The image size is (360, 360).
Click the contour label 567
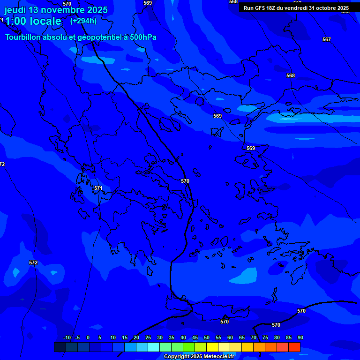point(327,39)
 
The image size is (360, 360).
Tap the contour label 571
point(98,188)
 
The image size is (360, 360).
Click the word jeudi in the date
point(15,10)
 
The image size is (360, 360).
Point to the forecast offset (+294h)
point(83,21)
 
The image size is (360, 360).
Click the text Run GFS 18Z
point(260,8)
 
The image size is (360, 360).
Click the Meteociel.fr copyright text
point(199,357)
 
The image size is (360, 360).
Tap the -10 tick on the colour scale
point(67,338)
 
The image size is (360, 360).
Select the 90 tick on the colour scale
point(300,338)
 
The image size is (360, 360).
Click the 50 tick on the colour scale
point(206,338)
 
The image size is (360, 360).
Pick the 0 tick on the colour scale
point(88,338)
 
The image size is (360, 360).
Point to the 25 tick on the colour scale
point(148,338)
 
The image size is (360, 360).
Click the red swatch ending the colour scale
point(294,347)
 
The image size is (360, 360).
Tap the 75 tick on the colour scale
point(265,338)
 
